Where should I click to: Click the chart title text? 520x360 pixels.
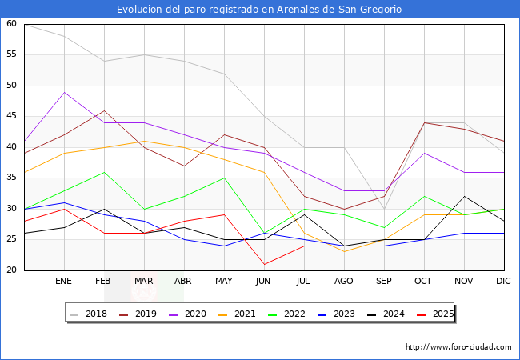pyautogui.click(x=259, y=10)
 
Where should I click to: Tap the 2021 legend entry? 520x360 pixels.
pyautogui.click(x=246, y=314)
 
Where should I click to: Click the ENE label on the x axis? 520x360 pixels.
pyautogui.click(x=64, y=282)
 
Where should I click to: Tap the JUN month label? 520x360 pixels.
pyautogui.click(x=264, y=282)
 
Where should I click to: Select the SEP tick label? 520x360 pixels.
pyautogui.click(x=384, y=282)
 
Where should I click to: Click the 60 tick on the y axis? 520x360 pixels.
pyautogui.click(x=11, y=24)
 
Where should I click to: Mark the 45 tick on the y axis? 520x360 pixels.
pyautogui.click(x=11, y=117)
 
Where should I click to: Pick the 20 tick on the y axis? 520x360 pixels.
pyautogui.click(x=11, y=270)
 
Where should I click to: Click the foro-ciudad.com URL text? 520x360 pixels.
pyautogui.click(x=458, y=347)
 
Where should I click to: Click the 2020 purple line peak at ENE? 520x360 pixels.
pyautogui.click(x=64, y=92)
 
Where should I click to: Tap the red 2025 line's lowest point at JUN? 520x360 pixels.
pyautogui.click(x=264, y=264)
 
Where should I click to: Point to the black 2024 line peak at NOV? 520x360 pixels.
pyautogui.click(x=464, y=196)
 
